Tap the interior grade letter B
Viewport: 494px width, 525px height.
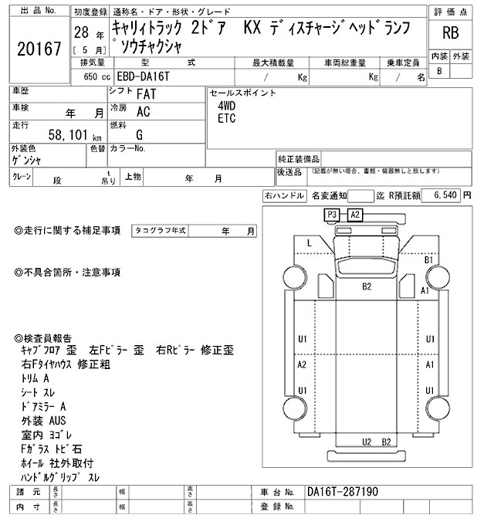point(439,71)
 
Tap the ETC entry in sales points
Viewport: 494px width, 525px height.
point(226,119)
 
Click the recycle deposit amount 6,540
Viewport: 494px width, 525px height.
point(446,196)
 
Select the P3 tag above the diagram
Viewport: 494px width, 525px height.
point(333,214)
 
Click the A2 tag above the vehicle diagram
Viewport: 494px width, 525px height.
point(354,214)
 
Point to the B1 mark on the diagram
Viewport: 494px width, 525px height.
point(430,261)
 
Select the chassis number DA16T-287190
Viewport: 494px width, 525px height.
point(343,491)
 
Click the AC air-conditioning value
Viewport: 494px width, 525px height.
point(143,111)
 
